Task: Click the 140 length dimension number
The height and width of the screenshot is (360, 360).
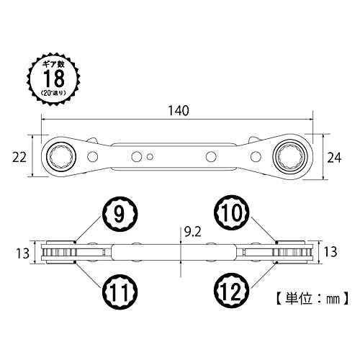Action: pyautogui.click(x=179, y=111)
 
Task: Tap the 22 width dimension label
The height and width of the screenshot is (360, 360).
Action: pyautogui.click(x=19, y=158)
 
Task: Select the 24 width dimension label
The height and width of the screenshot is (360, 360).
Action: pyautogui.click(x=334, y=158)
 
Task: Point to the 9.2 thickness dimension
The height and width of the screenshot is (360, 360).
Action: pyautogui.click(x=192, y=232)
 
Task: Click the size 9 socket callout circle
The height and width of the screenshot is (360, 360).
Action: pyautogui.click(x=120, y=214)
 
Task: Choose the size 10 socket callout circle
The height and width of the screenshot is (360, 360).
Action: pyautogui.click(x=232, y=212)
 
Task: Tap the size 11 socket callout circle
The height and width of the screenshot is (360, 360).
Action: pyautogui.click(x=120, y=292)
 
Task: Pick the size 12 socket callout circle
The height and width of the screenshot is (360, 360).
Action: pyautogui.click(x=232, y=292)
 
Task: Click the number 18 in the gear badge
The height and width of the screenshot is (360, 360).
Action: pyautogui.click(x=54, y=78)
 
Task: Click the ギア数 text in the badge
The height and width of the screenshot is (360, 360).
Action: pyautogui.click(x=54, y=64)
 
